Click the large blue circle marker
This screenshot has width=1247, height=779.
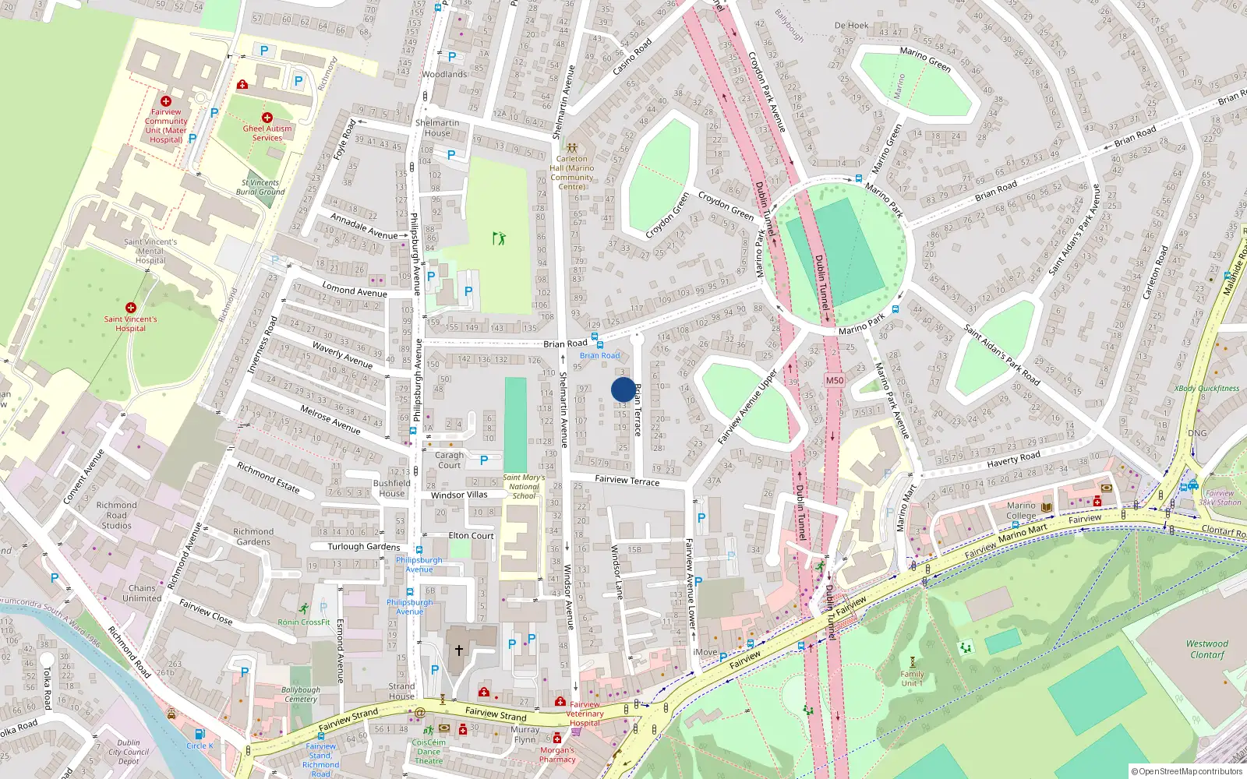(623, 389)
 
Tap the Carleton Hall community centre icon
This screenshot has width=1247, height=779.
(571, 147)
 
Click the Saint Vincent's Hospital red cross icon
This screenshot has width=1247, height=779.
(130, 308)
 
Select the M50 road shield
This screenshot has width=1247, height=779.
(835, 380)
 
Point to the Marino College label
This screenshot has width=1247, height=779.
(1021, 510)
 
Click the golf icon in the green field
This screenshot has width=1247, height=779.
(499, 238)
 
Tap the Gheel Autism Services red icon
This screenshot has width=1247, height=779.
(267, 118)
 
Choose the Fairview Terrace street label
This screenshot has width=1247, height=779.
(627, 481)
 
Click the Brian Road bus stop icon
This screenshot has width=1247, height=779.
(599, 344)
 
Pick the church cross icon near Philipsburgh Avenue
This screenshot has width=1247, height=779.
(459, 650)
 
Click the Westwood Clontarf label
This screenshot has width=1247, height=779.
(1206, 649)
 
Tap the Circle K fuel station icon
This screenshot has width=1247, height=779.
(200, 734)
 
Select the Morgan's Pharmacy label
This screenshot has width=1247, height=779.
(557, 755)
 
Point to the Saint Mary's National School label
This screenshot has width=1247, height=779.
(524, 486)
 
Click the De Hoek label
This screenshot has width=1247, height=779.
(851, 26)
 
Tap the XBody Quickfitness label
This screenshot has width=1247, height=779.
(1206, 388)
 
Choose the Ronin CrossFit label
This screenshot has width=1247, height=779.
(304, 622)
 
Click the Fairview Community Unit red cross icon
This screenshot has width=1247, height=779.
(165, 101)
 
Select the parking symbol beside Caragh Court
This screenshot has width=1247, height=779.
(484, 460)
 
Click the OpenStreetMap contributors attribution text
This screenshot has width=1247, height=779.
(1186, 771)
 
